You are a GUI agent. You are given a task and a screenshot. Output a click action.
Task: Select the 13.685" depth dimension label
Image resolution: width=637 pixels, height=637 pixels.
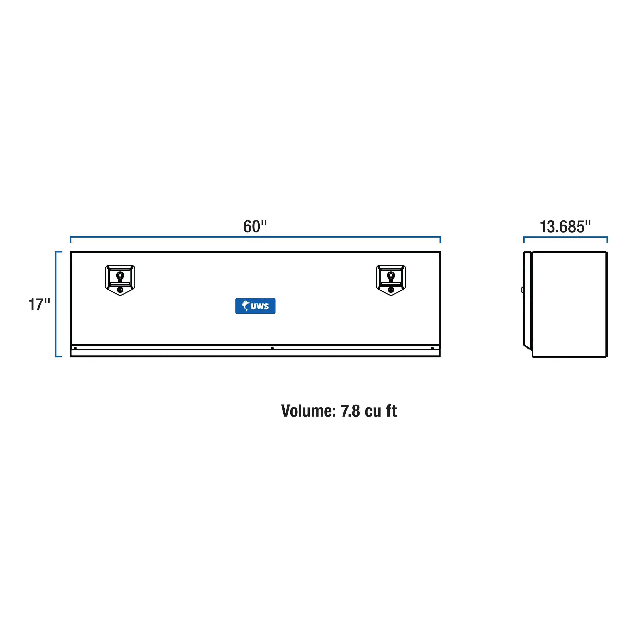[x=565, y=227]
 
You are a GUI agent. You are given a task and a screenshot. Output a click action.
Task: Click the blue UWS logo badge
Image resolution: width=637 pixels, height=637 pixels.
[x=255, y=306]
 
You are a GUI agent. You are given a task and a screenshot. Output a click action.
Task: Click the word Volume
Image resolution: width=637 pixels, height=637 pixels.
[x=308, y=411]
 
